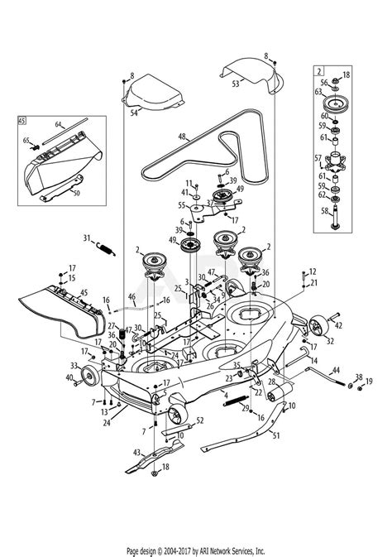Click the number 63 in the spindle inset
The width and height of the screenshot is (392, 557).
click(318, 94)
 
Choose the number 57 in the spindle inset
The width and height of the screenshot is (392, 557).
click(317, 156)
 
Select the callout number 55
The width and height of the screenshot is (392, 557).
click(182, 204)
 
